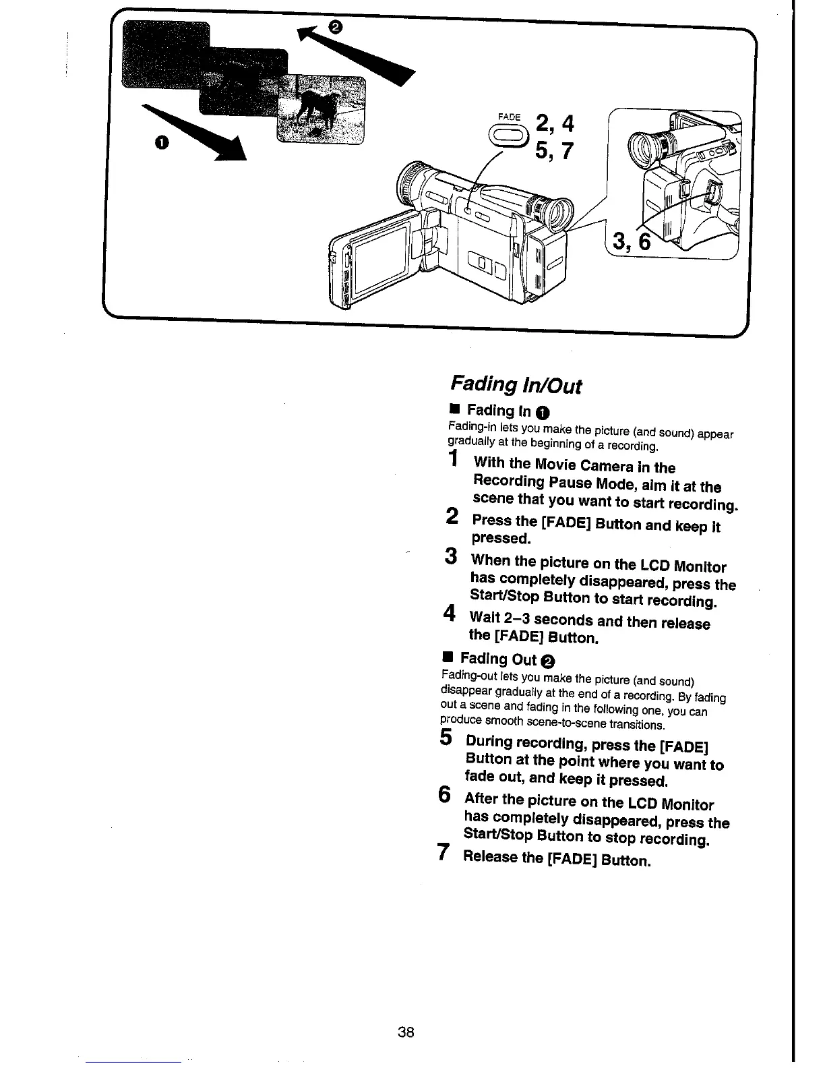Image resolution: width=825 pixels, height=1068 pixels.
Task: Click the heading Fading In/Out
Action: pos(514,385)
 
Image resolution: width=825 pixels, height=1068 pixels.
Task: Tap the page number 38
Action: pos(406,1032)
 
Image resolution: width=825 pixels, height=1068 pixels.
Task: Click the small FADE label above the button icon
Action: pos(509,117)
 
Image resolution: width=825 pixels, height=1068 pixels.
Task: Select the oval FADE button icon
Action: pos(509,137)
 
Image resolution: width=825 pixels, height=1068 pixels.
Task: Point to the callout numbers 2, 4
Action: pos(555,124)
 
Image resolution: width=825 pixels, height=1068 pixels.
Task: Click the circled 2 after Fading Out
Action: pos(548,660)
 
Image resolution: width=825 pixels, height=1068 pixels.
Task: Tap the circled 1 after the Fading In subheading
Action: pos(544,412)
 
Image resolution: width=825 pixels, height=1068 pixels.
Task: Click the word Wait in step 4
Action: pos(485,617)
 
